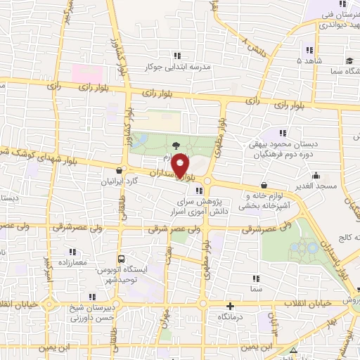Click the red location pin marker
[x=181, y=165]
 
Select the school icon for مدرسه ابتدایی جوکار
[x=179, y=56]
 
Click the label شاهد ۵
[x=309, y=61]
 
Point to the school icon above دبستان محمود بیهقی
[x=282, y=132]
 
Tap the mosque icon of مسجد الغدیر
[x=316, y=176]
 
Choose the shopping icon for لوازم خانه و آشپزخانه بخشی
[x=264, y=185]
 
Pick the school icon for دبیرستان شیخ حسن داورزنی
[x=92, y=296]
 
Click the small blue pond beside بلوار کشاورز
[x=139, y=140]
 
